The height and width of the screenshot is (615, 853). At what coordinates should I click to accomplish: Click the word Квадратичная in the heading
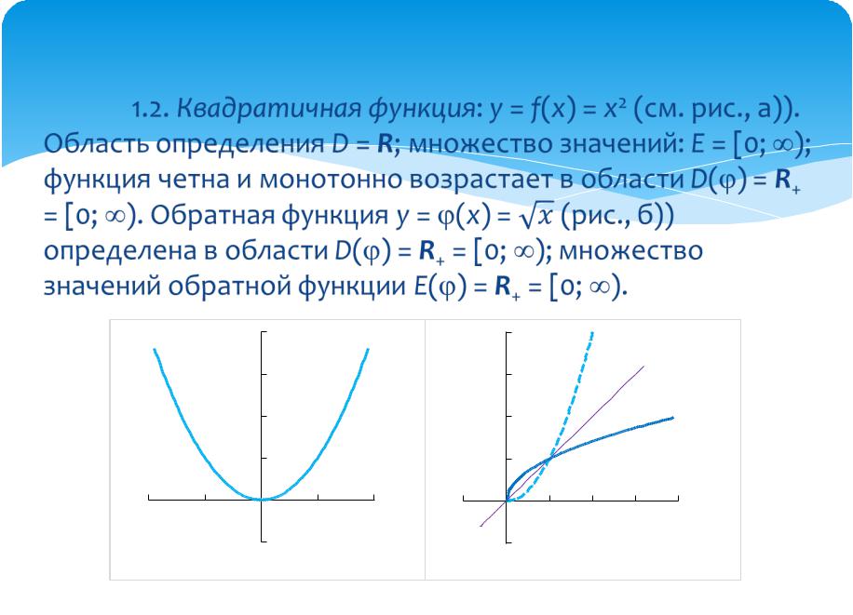(x=268, y=109)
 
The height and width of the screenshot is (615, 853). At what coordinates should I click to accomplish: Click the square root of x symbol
(x=535, y=216)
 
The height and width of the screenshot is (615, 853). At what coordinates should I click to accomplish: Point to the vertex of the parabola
(x=263, y=500)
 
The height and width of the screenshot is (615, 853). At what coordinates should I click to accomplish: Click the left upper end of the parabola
(x=155, y=350)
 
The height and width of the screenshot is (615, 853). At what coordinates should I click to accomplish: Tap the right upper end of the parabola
(x=368, y=350)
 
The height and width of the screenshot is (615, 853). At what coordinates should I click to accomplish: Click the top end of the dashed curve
(x=592, y=333)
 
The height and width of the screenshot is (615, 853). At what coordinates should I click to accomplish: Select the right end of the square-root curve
(x=673, y=418)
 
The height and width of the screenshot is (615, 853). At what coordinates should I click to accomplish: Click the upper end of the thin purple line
(x=644, y=367)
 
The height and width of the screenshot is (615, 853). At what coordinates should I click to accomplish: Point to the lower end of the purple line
(x=481, y=526)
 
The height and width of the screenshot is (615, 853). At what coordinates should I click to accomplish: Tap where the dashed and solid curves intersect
(x=549, y=458)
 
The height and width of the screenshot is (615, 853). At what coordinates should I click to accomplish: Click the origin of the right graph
(x=507, y=500)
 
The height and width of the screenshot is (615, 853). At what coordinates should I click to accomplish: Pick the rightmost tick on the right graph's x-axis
(x=678, y=498)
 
